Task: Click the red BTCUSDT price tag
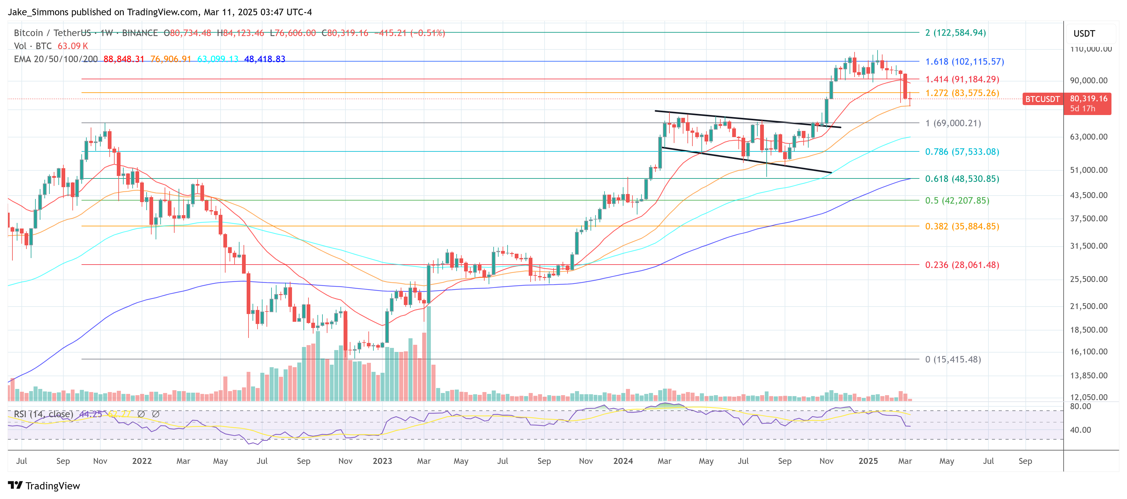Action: (x=1042, y=99)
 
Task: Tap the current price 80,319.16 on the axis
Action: (x=1088, y=99)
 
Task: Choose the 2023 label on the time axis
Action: (x=382, y=461)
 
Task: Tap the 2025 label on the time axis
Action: (x=868, y=461)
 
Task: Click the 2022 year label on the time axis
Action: (x=142, y=461)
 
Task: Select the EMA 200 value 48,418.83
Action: (x=264, y=59)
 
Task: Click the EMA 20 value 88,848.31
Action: (x=124, y=59)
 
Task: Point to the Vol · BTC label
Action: (x=33, y=46)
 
